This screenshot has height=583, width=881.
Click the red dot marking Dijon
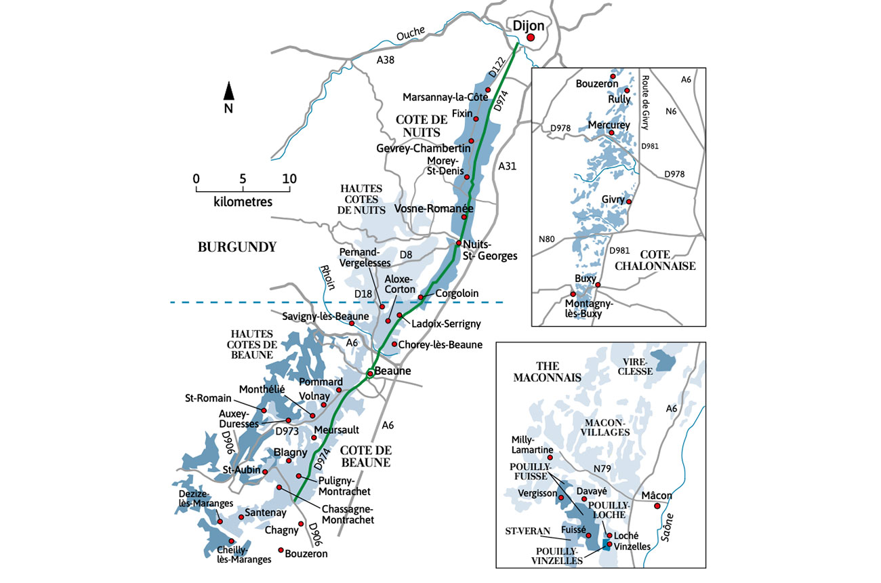(531, 39)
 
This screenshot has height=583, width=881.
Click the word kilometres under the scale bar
(243, 201)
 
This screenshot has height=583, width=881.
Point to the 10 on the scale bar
(289, 179)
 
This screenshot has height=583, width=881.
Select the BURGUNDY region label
(237, 247)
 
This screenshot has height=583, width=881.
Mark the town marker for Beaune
(370, 372)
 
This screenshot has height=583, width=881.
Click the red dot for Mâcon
(657, 506)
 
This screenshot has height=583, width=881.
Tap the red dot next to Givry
(629, 202)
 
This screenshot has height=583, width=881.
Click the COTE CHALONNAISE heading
(655, 260)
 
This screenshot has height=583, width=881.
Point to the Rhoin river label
(327, 278)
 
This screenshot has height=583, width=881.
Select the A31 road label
(507, 166)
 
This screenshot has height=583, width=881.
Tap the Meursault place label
(337, 430)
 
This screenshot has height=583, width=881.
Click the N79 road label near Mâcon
(602, 467)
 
